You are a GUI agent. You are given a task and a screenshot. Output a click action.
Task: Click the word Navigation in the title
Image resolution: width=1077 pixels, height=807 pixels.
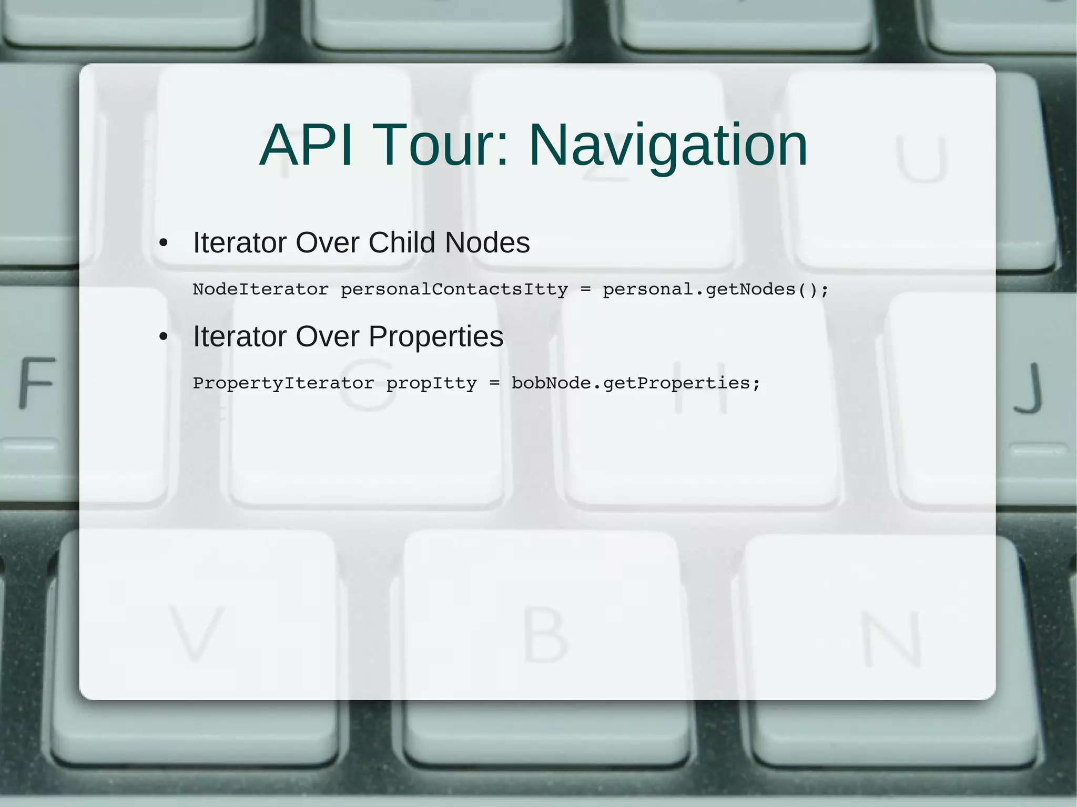[667, 146]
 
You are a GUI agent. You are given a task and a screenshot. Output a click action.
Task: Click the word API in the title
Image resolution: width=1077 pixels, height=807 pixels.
[307, 146]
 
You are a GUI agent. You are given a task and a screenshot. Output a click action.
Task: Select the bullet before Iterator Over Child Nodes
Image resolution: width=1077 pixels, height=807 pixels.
[164, 243]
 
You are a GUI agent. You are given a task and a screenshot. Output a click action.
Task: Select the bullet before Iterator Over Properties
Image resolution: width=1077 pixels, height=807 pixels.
[164, 337]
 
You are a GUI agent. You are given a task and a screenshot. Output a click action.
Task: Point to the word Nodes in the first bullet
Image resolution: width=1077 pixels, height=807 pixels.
[487, 243]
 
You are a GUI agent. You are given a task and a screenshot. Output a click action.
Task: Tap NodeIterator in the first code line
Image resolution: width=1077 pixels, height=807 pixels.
[260, 289]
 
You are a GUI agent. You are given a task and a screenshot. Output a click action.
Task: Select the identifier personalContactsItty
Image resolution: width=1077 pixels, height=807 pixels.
[454, 289]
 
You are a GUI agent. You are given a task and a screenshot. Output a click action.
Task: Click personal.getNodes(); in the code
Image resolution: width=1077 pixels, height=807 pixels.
[715, 289]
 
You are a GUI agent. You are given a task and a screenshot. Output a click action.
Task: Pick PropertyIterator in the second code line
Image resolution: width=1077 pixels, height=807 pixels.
[283, 383]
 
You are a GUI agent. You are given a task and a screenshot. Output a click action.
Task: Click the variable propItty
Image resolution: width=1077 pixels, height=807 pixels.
[431, 383]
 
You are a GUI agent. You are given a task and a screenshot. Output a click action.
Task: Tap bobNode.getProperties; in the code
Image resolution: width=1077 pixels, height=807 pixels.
[636, 383]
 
